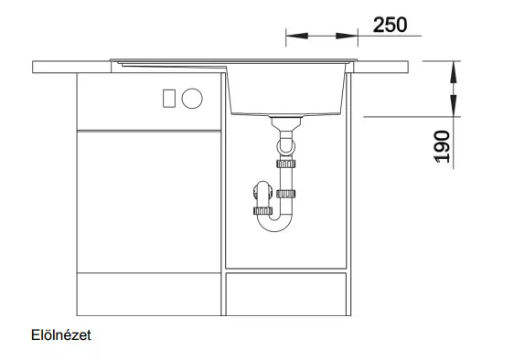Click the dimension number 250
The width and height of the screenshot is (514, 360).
point(391,25)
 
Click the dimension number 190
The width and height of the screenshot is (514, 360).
point(442,146)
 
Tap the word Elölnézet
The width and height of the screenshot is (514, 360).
point(61,335)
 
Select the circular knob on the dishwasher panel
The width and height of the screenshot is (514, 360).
point(192,99)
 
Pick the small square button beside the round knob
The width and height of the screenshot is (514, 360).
point(169,99)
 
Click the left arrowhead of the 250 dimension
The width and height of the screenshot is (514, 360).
point(297,36)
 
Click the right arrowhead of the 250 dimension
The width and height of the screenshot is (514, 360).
point(347,36)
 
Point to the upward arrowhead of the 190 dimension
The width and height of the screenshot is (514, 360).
point(454,72)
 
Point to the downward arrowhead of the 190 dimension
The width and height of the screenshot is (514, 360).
point(454,105)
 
